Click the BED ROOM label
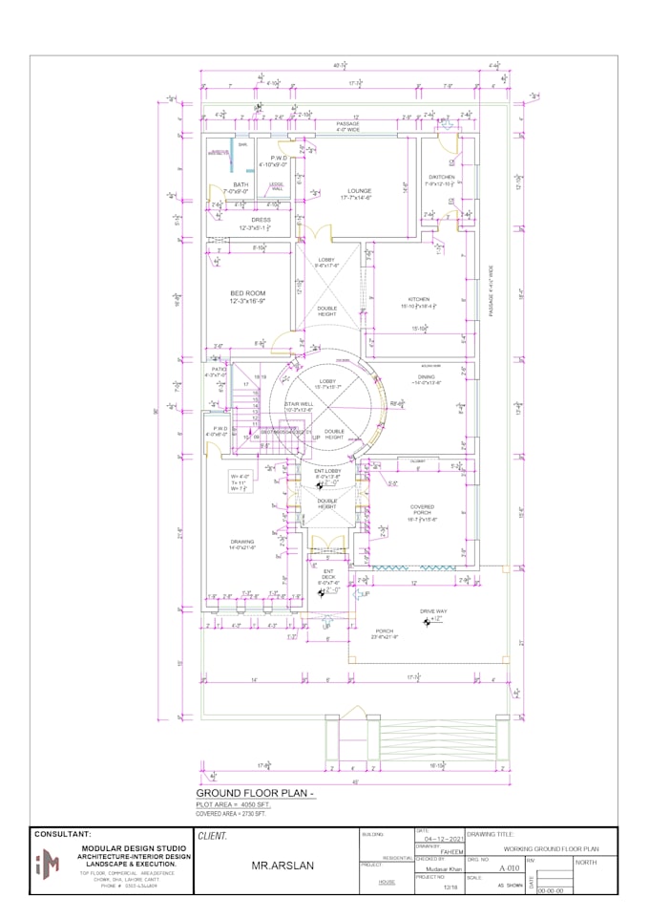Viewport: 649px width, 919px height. click(246, 293)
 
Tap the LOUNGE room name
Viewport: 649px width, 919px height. click(359, 191)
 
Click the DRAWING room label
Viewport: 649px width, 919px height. click(242, 541)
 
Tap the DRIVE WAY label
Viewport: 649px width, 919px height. click(434, 610)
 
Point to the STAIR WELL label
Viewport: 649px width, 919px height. click(299, 404)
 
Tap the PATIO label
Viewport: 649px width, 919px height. click(219, 368)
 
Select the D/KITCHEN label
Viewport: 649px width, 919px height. click(440, 177)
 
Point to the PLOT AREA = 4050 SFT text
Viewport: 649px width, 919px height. click(234, 806)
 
